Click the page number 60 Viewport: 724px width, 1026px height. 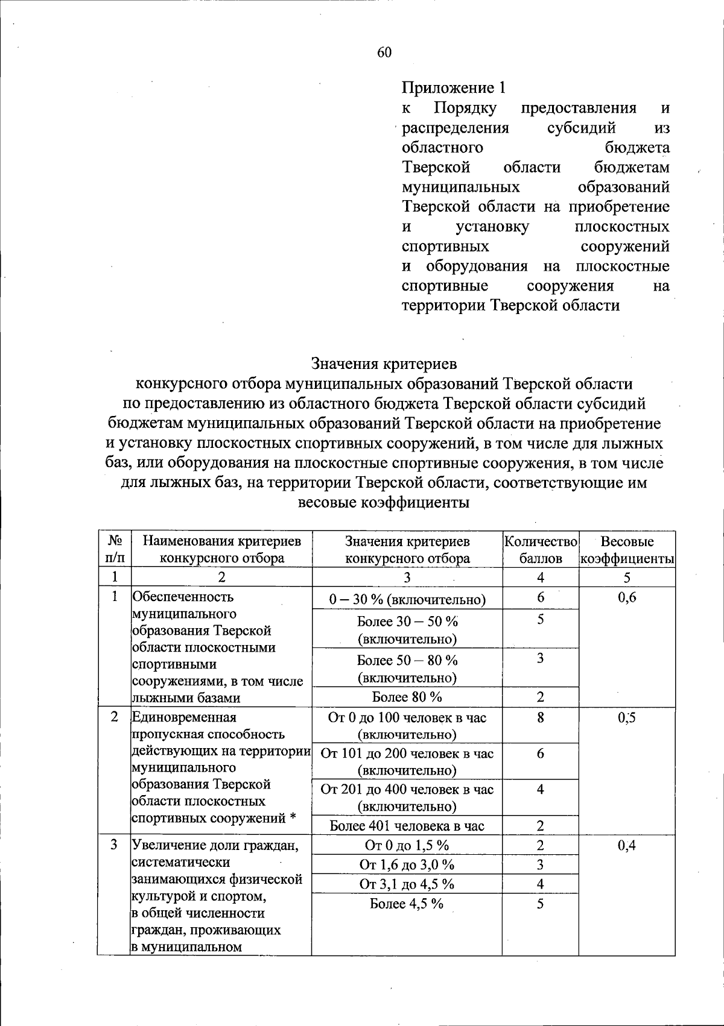(384, 52)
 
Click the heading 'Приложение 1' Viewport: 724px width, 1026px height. (453, 88)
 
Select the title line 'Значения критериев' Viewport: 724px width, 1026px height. (384, 364)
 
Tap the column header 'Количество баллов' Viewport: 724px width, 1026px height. (541, 549)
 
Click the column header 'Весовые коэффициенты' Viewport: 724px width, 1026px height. (627, 549)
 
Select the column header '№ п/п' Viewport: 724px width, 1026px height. (115, 549)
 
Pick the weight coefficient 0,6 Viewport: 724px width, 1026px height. (627, 597)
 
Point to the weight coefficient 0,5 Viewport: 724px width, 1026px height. (627, 717)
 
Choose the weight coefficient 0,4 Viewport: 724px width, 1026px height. (627, 845)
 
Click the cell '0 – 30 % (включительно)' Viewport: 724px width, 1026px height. (407, 599)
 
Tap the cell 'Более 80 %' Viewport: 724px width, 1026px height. (407, 697)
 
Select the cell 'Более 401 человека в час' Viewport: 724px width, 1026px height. (407, 826)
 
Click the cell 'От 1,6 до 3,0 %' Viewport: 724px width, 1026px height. (407, 865)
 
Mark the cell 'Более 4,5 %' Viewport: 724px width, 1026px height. (407, 904)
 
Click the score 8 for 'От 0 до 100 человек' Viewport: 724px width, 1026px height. (541, 717)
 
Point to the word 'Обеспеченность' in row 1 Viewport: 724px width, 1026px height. (183, 597)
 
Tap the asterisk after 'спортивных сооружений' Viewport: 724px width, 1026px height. (292, 818)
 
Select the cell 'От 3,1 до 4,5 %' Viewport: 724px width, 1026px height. (407, 884)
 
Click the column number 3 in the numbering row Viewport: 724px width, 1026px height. (407, 578)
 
